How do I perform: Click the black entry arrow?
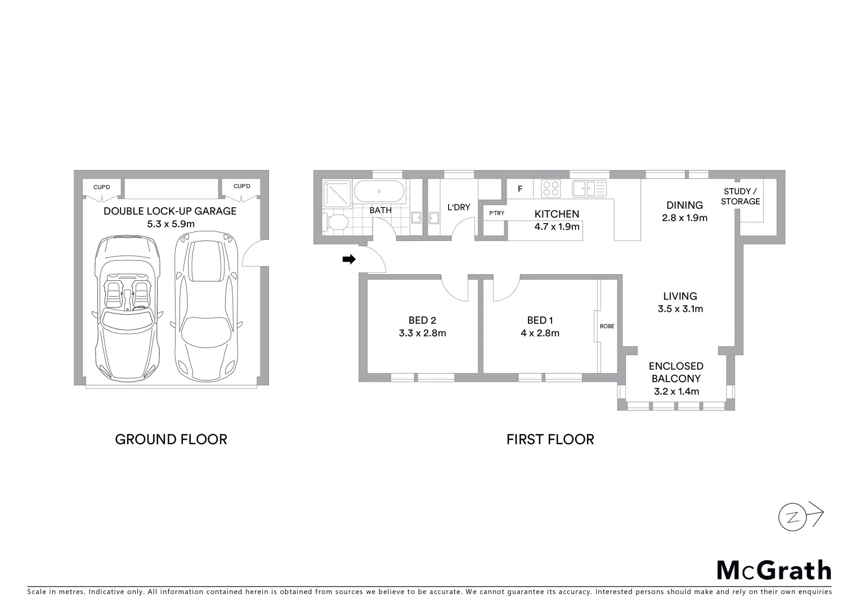pyautogui.click(x=349, y=260)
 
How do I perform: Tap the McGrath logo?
pyautogui.click(x=774, y=570)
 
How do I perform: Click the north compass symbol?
pyautogui.click(x=794, y=517)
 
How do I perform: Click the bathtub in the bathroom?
pyautogui.click(x=379, y=191)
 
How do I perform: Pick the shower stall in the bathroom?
pyautogui.click(x=337, y=194)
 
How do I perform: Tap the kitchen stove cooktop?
pyautogui.click(x=550, y=189)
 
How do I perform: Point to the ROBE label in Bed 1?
pyautogui.click(x=607, y=327)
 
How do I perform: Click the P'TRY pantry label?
pyautogui.click(x=496, y=213)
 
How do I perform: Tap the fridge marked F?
pyautogui.click(x=520, y=189)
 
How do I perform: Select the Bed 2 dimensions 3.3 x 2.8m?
pyautogui.click(x=422, y=333)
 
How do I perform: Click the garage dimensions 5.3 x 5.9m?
pyautogui.click(x=171, y=224)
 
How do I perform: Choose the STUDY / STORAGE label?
pyautogui.click(x=740, y=196)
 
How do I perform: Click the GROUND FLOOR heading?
pyautogui.click(x=171, y=440)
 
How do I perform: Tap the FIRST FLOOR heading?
pyautogui.click(x=550, y=440)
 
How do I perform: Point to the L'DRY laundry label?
pyautogui.click(x=458, y=208)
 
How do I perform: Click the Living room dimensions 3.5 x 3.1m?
pyautogui.click(x=680, y=309)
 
